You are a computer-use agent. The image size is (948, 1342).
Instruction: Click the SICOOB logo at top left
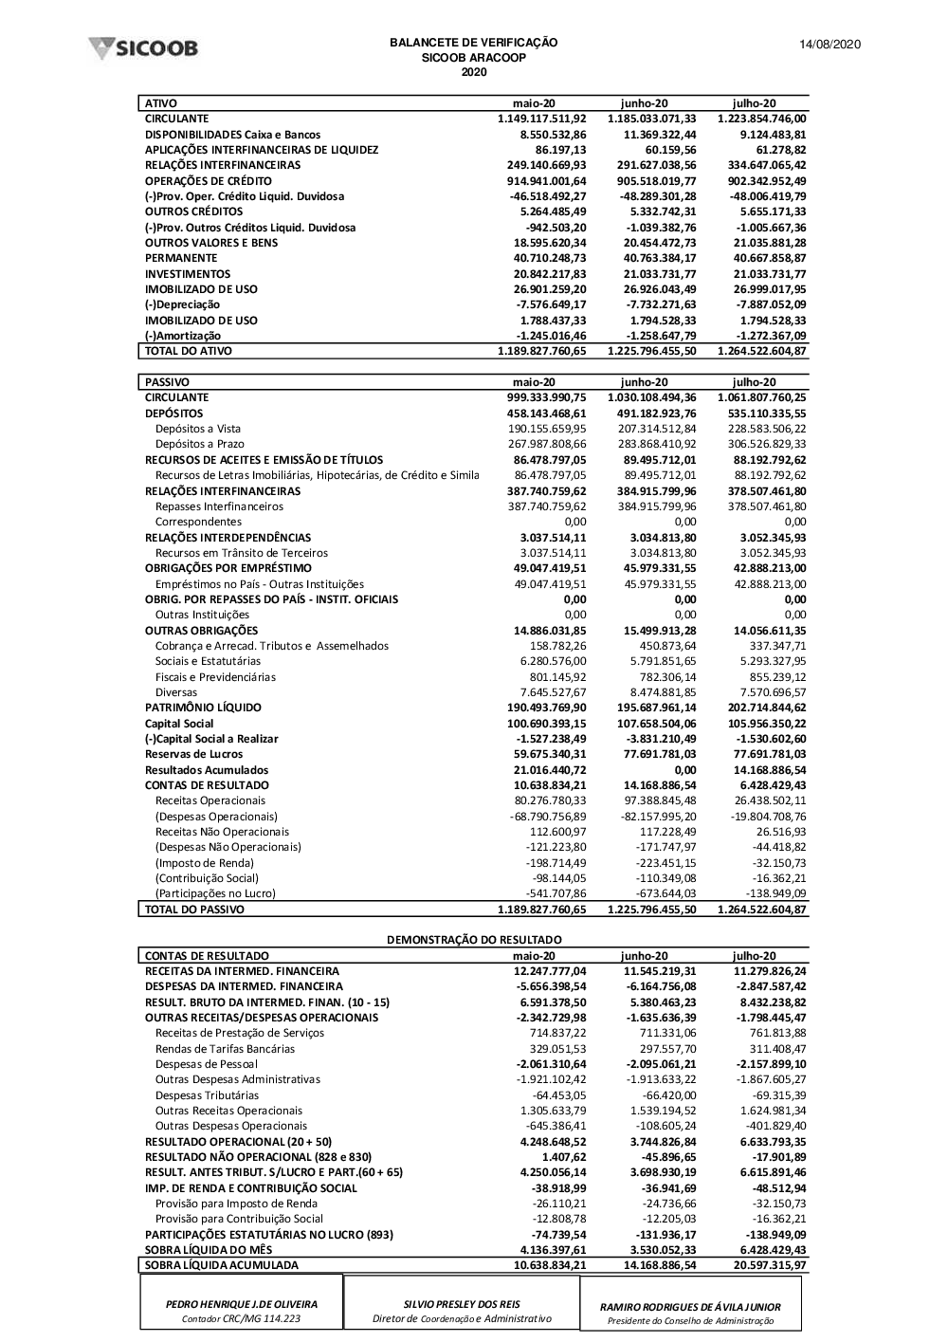point(143,47)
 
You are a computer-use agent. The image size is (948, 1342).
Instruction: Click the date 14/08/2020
point(829,45)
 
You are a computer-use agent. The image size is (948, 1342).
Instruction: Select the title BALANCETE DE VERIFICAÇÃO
point(473,43)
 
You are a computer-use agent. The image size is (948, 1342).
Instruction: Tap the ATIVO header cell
point(161,103)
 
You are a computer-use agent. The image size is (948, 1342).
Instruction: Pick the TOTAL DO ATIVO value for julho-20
point(762,351)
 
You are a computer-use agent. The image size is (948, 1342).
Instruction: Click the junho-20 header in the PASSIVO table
point(645,382)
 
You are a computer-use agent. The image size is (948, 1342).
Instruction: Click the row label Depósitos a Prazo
point(200,444)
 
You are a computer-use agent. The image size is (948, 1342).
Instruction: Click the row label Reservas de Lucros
point(194,754)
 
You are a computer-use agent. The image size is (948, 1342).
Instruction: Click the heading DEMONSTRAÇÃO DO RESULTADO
point(474,940)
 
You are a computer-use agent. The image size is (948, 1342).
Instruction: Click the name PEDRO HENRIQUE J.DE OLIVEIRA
point(242,1304)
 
